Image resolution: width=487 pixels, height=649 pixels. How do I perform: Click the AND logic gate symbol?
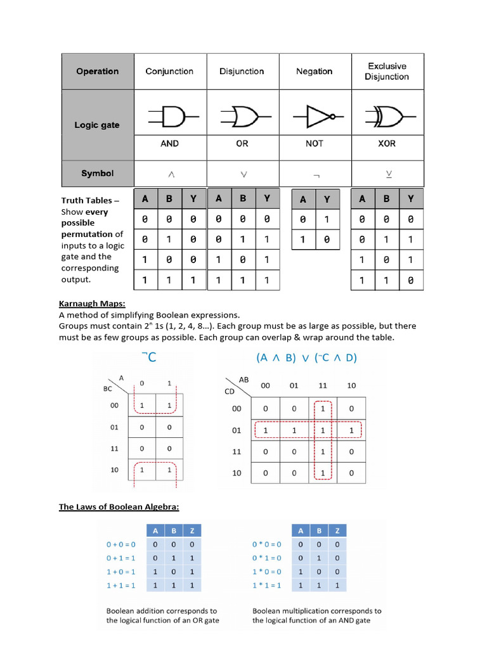(x=169, y=117)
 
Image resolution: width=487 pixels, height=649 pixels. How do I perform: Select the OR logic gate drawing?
(x=242, y=117)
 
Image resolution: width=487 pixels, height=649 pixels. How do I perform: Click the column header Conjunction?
(x=169, y=72)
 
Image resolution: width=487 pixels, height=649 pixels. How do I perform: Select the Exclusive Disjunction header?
(x=386, y=71)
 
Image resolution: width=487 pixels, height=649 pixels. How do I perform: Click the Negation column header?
(x=314, y=72)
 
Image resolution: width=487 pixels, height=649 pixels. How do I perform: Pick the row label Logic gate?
(x=97, y=125)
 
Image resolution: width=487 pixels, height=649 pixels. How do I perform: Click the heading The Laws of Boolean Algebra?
(x=119, y=507)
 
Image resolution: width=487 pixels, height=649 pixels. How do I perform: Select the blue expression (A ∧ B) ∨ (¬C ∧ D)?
(x=307, y=358)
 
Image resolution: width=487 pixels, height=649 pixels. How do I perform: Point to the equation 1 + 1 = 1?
(x=120, y=586)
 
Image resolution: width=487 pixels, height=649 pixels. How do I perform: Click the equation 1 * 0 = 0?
(x=266, y=572)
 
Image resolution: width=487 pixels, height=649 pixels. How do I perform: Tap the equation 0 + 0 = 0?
(x=120, y=544)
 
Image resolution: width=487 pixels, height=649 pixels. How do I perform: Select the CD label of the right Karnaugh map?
(x=230, y=391)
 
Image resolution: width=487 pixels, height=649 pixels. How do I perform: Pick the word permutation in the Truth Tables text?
(x=88, y=235)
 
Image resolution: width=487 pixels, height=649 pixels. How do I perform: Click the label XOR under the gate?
(x=386, y=144)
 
